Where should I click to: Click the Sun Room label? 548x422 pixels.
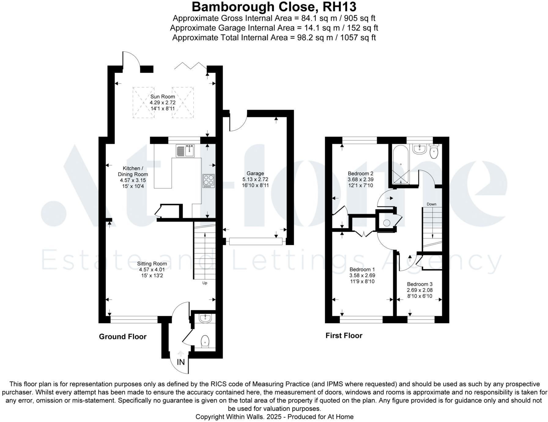[x=162, y=97]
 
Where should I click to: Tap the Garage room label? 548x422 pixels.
[x=255, y=174]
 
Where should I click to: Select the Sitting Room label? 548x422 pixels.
[x=152, y=263]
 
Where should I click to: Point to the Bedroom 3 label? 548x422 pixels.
[x=420, y=284]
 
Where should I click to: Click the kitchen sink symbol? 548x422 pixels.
[x=185, y=151]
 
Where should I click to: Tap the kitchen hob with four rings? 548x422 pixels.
[x=209, y=181]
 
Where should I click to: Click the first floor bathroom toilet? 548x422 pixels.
[x=434, y=151]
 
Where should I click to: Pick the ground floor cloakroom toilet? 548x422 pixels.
[x=205, y=341]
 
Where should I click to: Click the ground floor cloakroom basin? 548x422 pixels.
[x=205, y=319]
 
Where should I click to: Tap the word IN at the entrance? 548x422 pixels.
[x=181, y=362]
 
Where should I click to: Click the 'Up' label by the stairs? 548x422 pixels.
[x=205, y=283]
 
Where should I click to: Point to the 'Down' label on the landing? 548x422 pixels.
[x=431, y=204]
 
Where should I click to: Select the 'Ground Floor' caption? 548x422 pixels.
[x=123, y=337]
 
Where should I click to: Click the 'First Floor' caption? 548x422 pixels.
[x=344, y=336]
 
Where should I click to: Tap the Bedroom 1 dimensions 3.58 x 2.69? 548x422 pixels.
[x=362, y=275]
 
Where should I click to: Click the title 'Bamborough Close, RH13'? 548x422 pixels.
[x=274, y=7]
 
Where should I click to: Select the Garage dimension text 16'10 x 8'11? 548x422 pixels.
[x=255, y=185]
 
